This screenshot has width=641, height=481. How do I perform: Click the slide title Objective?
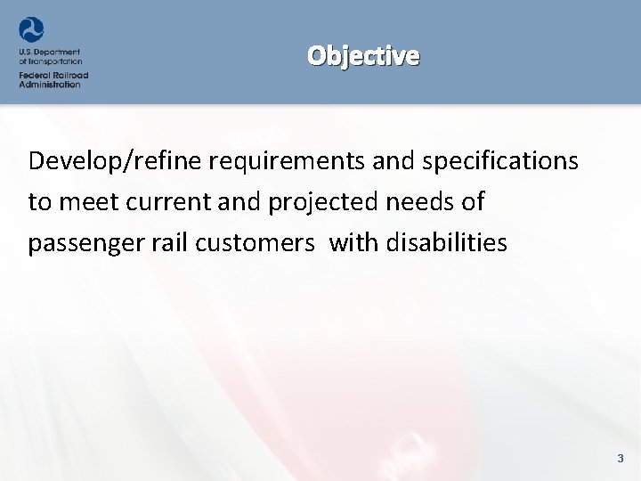point(363,56)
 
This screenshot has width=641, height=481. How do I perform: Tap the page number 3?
point(621,459)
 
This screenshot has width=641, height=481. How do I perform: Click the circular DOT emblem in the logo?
point(31,29)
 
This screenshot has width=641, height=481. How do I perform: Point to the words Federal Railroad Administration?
point(53,78)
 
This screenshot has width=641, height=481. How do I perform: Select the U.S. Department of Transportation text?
point(50,57)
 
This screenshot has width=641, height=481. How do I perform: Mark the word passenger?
point(90,243)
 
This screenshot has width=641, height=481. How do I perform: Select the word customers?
point(258,242)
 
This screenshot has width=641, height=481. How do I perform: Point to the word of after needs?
point(473,202)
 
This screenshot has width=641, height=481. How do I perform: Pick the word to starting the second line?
point(39,202)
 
